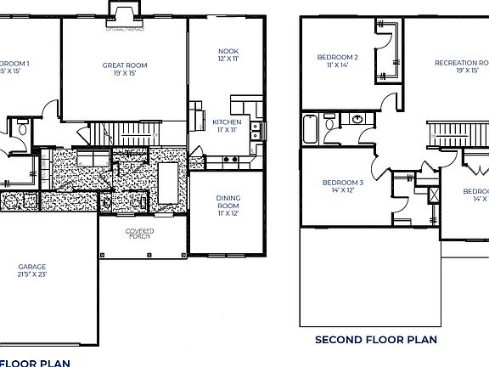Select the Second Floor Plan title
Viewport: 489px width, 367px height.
(x=375, y=340)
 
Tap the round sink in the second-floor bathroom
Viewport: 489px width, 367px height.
(x=357, y=119)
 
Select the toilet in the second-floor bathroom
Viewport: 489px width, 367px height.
(x=331, y=125)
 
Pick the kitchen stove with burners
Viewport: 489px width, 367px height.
(x=229, y=158)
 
